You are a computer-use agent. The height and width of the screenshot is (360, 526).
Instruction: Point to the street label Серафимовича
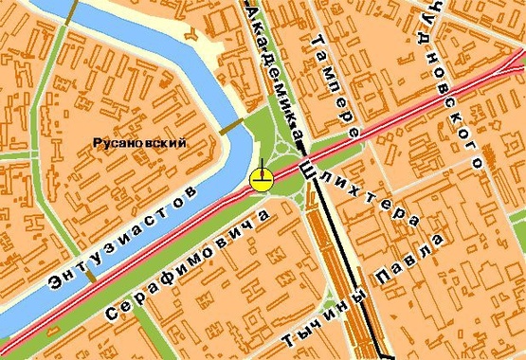190,265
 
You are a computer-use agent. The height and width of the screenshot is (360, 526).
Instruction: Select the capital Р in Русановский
98,144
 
